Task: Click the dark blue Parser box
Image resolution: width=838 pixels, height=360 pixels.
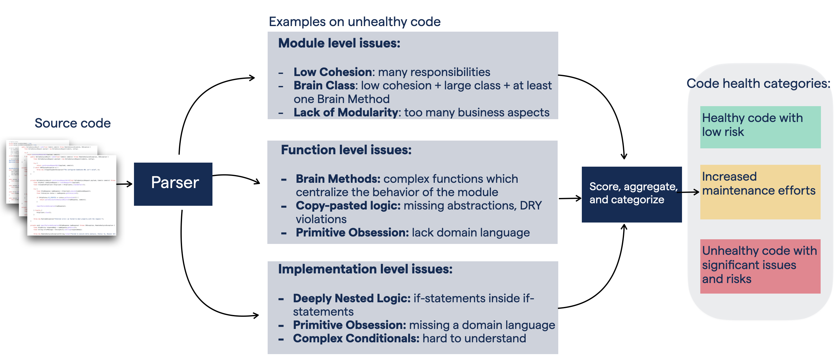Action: tap(173, 184)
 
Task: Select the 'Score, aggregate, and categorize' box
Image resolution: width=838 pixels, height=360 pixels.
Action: tap(631, 194)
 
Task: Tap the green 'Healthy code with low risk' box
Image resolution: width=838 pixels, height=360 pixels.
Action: tap(760, 127)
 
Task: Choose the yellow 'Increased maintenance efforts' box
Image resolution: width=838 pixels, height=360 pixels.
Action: tap(760, 192)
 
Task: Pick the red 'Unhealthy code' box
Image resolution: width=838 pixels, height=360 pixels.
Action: tap(760, 266)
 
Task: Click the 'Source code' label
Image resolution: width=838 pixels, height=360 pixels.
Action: tap(73, 123)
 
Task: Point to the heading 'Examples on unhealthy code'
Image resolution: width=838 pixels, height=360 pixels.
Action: tap(354, 22)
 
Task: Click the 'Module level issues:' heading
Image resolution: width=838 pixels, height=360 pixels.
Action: tap(339, 43)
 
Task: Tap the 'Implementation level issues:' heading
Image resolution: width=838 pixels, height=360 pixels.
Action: tap(365, 269)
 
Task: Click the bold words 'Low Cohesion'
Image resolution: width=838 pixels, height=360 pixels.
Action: tap(332, 72)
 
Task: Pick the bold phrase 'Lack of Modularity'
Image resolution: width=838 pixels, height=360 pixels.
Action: tap(345, 112)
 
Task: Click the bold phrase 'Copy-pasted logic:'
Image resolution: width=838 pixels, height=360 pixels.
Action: tap(348, 205)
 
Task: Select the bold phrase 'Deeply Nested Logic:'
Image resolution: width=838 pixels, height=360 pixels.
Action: tap(351, 298)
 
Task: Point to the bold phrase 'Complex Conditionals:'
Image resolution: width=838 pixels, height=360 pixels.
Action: tap(356, 338)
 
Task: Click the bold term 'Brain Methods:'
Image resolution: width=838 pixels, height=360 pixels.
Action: tap(338, 179)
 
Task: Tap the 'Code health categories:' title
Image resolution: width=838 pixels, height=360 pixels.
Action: tap(758, 84)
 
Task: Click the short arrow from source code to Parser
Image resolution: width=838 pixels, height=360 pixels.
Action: tap(124, 184)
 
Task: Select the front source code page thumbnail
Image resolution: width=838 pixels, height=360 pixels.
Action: tap(72, 195)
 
